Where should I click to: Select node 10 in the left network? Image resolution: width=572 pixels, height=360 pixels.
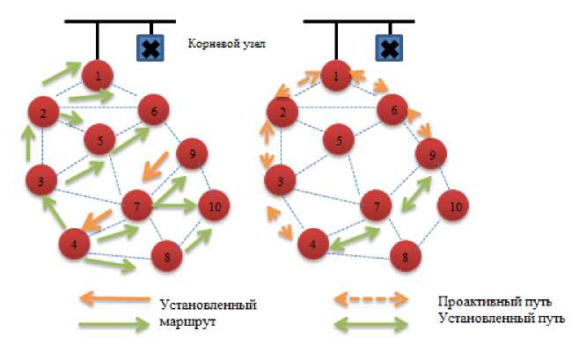(x=214, y=207)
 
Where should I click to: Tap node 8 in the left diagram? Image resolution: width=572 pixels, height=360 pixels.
(x=166, y=258)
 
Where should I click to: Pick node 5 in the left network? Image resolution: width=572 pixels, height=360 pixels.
(x=101, y=140)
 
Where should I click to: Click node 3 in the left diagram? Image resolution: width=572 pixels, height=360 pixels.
(x=40, y=182)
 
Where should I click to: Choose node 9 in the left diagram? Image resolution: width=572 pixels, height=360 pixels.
(x=192, y=154)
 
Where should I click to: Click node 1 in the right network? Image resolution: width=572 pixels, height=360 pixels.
(x=336, y=77)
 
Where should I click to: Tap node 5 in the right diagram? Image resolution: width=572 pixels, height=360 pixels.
(x=338, y=139)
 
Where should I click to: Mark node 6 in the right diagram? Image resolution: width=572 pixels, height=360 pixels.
(x=393, y=111)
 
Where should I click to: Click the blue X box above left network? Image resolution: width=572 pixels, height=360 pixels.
(x=151, y=48)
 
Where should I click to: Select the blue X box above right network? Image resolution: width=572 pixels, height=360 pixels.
(x=389, y=48)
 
